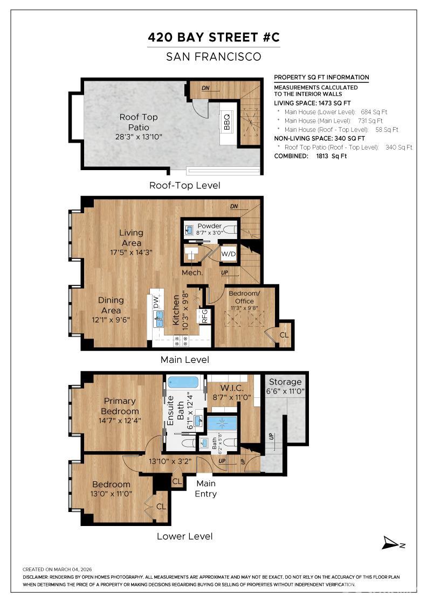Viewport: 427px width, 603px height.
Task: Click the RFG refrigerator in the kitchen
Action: coord(205,316)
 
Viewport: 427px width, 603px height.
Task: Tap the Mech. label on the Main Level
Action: coord(192,273)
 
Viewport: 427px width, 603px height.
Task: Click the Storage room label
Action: coord(285,382)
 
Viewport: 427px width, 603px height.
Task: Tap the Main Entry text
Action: coord(205,489)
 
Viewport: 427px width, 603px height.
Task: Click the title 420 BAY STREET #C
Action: coord(214,38)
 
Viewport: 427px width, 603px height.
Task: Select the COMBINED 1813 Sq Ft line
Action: coord(310,156)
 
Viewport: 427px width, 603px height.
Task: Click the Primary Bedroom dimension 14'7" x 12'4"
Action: coord(120,420)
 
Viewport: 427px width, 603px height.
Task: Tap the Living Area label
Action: coord(131,237)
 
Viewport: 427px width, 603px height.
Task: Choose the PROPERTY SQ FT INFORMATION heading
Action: coord(321,78)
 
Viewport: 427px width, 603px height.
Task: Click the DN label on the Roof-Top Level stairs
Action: coord(205,88)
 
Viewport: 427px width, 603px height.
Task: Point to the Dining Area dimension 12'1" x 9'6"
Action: coord(111,319)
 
